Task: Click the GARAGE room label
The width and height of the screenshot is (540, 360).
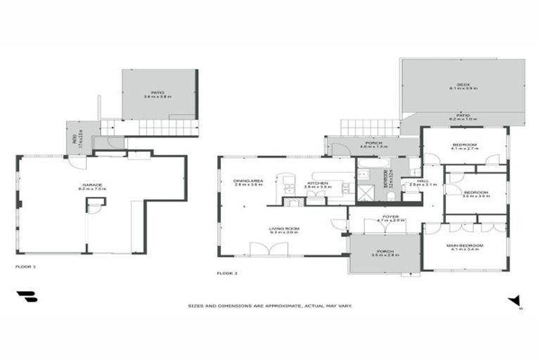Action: (x=94, y=187)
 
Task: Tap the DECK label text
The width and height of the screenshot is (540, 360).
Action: (x=463, y=86)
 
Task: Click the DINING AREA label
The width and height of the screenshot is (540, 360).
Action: (x=248, y=182)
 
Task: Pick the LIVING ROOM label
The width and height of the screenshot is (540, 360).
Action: (x=285, y=229)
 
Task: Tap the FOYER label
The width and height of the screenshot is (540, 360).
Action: (x=391, y=218)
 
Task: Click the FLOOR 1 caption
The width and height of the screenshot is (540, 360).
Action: (x=25, y=267)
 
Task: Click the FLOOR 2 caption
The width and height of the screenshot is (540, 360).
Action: (x=226, y=272)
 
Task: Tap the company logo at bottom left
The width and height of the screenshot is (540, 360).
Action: (x=27, y=297)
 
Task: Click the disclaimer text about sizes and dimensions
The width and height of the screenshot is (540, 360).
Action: (x=269, y=306)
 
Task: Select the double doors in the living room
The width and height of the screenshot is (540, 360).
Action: (x=270, y=247)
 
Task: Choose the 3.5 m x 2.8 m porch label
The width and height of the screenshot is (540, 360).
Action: (x=385, y=254)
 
